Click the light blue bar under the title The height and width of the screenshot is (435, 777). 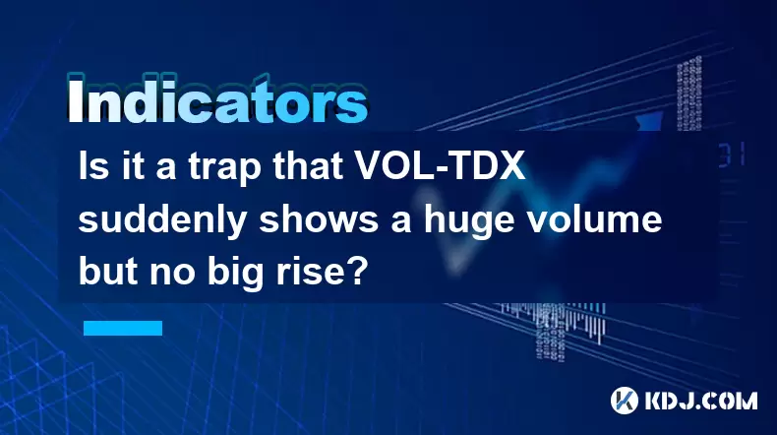pos(123,328)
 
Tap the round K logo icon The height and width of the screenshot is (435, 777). pos(624,400)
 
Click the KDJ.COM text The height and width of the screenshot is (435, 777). pos(700,401)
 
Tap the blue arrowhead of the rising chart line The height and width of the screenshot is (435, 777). pos(650,121)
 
